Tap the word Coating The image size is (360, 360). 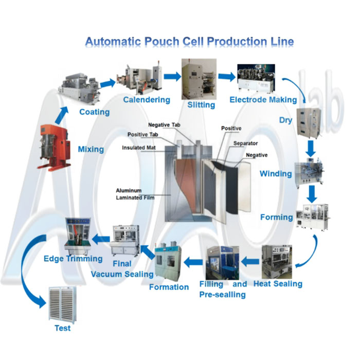point(94,112)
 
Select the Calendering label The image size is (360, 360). point(146,99)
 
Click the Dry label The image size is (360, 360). point(285,120)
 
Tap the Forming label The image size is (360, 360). point(277,217)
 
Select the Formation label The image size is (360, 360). point(169,286)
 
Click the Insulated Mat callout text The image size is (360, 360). point(138,148)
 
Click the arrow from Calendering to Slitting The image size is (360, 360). point(172,77)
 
